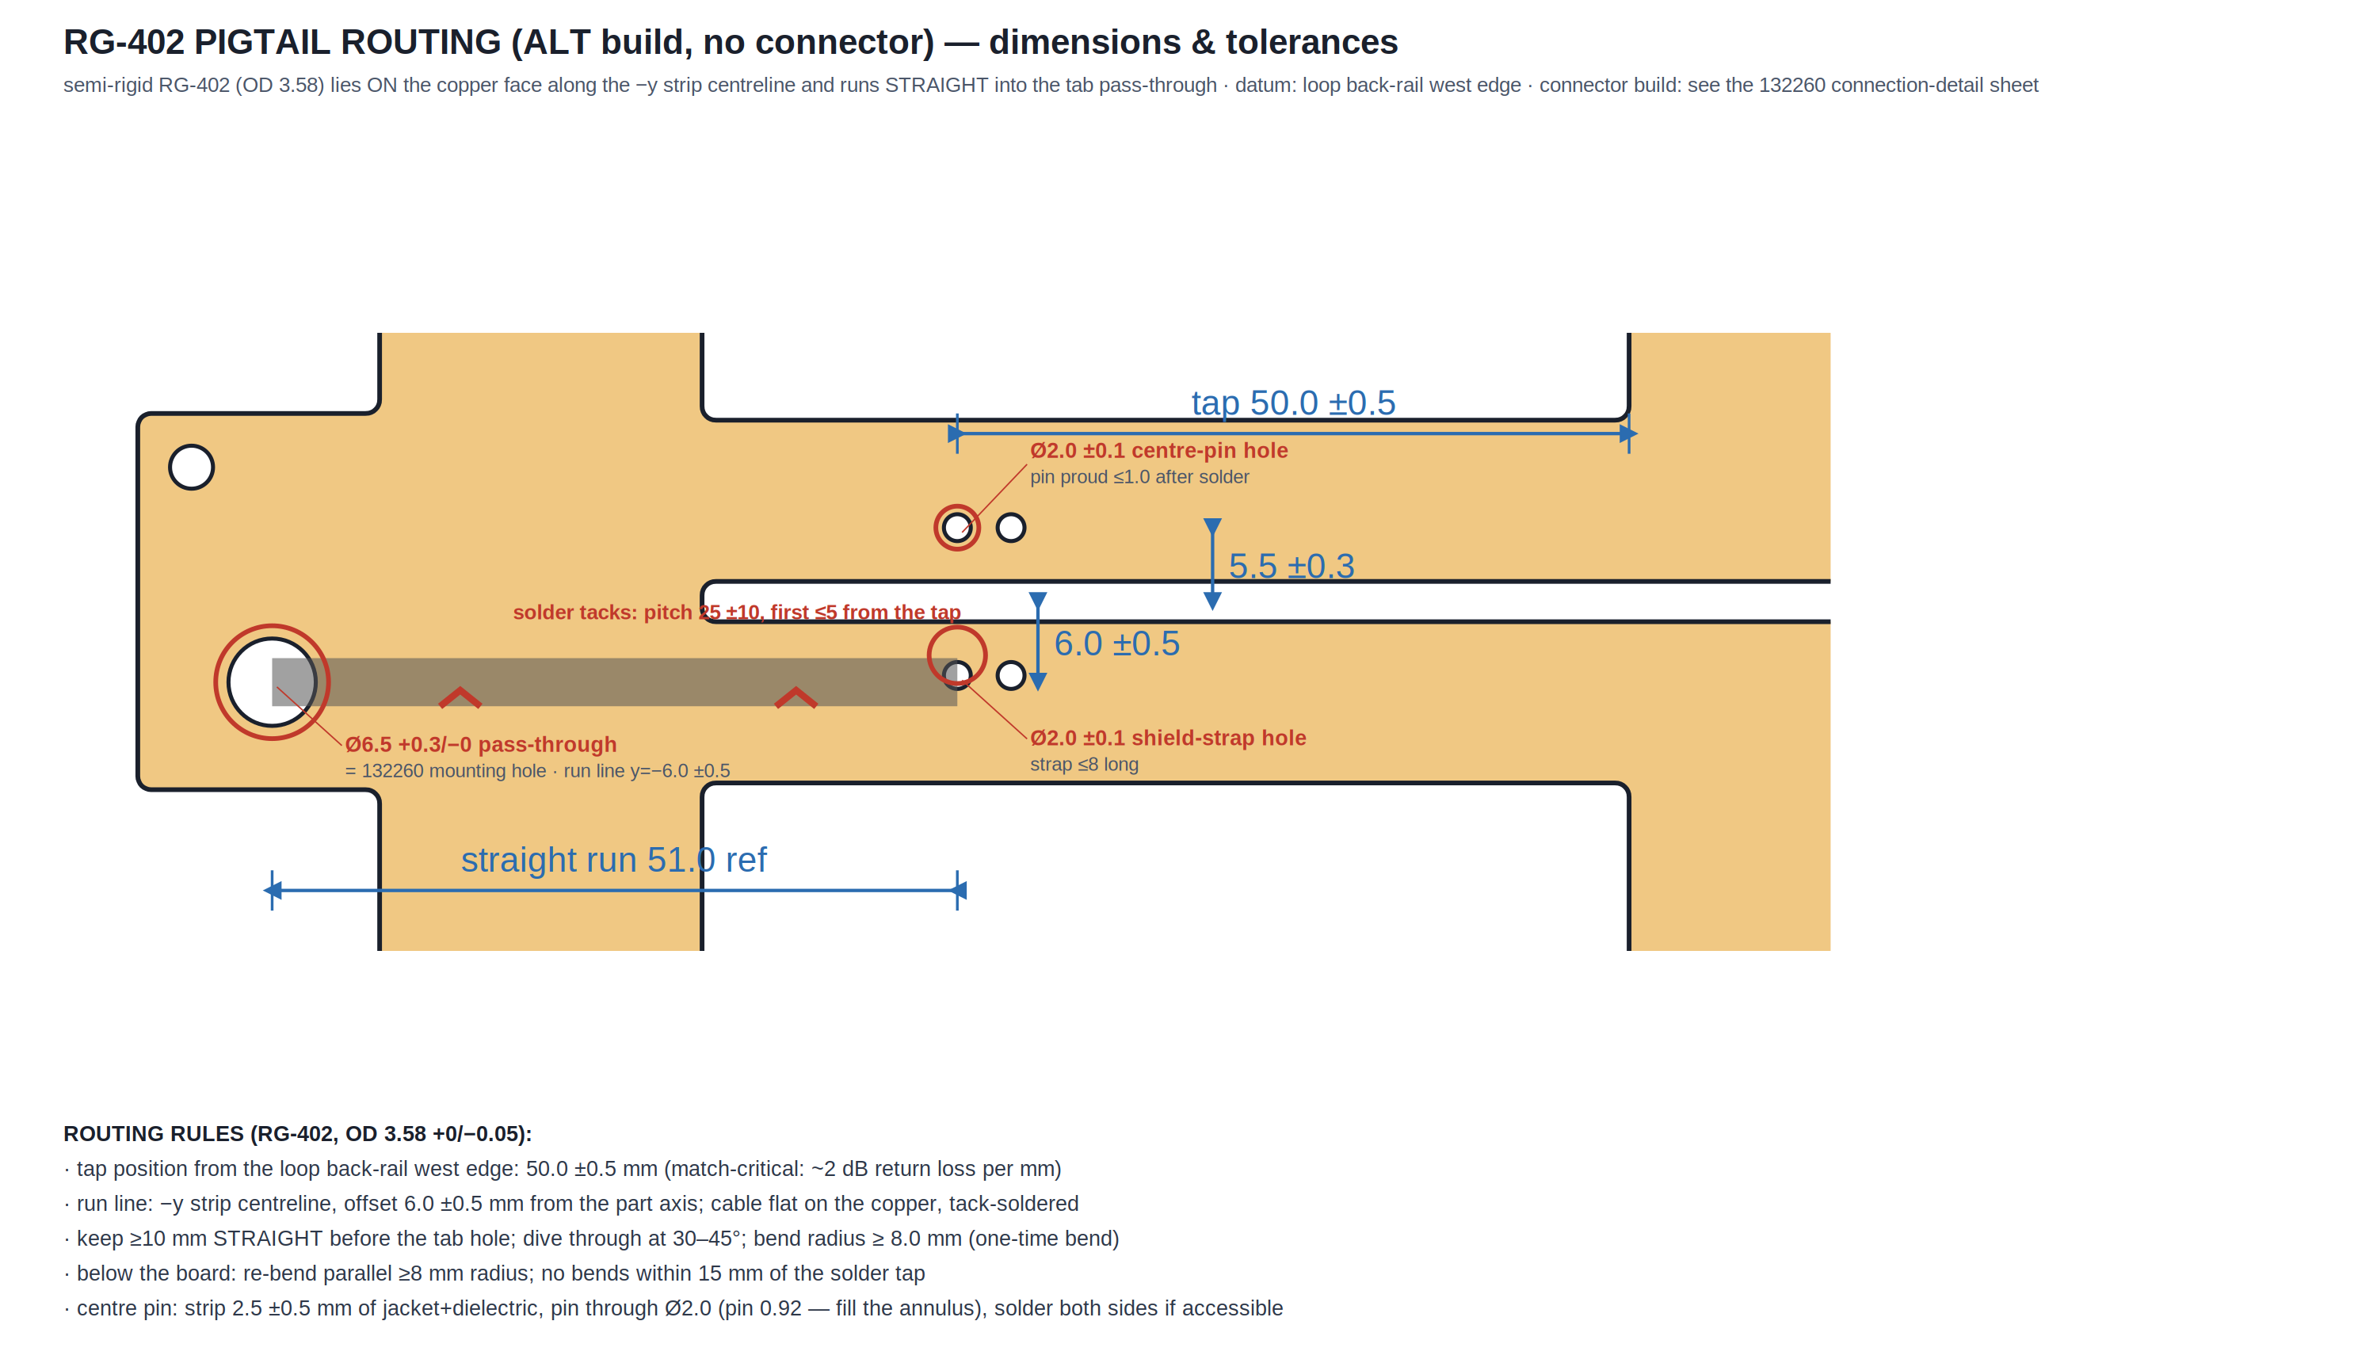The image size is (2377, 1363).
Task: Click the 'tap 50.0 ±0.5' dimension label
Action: coord(1292,403)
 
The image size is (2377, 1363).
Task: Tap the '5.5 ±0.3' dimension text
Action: coord(1292,567)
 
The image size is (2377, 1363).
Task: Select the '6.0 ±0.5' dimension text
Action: coord(1116,644)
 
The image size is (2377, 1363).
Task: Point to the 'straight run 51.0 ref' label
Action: coord(614,859)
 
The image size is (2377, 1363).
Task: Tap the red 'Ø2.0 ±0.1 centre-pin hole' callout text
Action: coord(1158,451)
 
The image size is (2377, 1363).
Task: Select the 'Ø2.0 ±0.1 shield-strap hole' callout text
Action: coord(1168,739)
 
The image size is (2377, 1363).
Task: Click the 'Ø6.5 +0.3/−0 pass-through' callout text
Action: coord(481,745)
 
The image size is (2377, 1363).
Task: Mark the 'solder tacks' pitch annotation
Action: coord(737,613)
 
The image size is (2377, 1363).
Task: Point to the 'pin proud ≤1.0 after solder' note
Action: coord(1139,477)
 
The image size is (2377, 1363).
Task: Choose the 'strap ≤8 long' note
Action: coord(1084,765)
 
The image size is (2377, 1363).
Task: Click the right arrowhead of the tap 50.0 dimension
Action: coord(1628,433)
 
